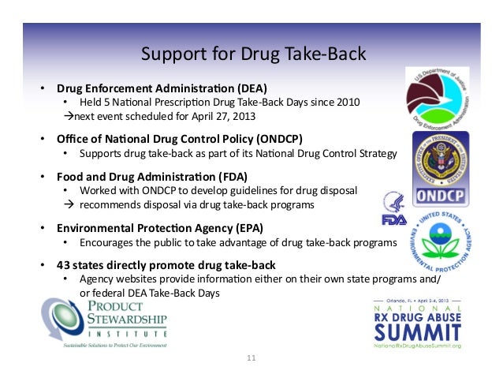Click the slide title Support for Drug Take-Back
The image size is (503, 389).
[x=252, y=54]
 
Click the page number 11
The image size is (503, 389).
[x=251, y=359]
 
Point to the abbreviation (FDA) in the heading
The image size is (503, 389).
[x=231, y=176]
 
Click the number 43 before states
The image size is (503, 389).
[x=64, y=264]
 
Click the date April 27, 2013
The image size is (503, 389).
[x=229, y=115]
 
